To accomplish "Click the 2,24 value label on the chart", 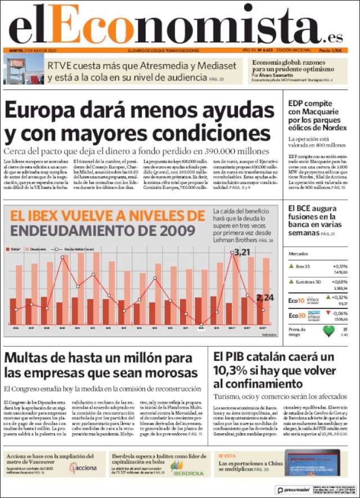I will (264, 298).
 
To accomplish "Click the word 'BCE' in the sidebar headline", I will (308, 209).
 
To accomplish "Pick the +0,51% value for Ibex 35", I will (340, 266).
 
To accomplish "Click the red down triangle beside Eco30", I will (327, 312).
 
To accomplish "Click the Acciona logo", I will (82, 467).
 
